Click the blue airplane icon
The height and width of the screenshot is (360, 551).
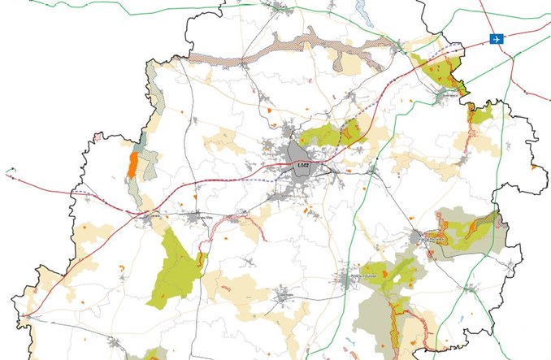tap(497, 39)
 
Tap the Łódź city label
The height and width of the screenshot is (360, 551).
tap(304, 165)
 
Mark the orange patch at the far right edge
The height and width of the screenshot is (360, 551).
tap(534, 167)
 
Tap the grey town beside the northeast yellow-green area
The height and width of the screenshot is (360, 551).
tap(444, 95)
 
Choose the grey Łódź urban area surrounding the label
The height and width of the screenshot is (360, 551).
tap(297, 154)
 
